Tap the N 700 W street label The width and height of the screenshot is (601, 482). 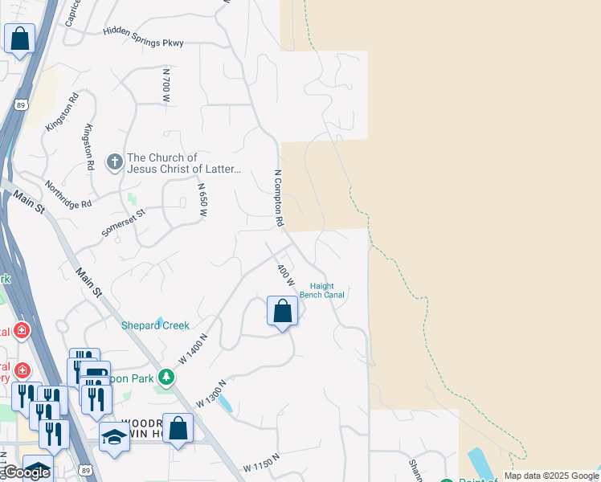tap(166, 84)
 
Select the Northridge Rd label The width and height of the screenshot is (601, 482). tap(68, 194)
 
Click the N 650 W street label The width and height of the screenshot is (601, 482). tap(203, 199)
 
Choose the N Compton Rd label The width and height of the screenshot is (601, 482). tap(280, 198)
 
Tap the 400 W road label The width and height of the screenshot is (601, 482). tap(285, 278)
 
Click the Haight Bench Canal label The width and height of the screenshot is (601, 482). tap(322, 290)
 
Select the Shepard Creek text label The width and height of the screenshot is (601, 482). tap(155, 325)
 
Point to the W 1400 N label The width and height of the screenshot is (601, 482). tap(193, 350)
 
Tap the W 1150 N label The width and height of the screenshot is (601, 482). tap(260, 463)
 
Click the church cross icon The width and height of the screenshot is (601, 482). tap(115, 163)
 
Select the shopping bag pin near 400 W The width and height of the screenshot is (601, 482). tap(282, 311)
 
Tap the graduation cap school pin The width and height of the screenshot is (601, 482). tap(115, 436)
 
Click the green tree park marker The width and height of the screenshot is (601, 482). tap(166, 376)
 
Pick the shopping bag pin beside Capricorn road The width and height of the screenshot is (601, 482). tap(19, 39)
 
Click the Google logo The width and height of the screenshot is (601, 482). tap(26, 472)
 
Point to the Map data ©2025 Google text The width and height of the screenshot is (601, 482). tap(551, 476)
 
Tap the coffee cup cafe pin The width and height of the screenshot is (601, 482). tap(95, 374)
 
